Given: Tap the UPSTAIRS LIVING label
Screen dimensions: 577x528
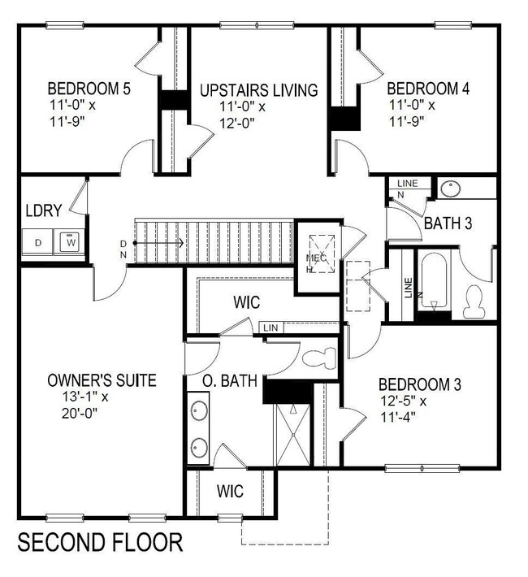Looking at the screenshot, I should pyautogui.click(x=258, y=89).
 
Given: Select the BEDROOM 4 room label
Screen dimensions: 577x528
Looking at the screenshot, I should pyautogui.click(x=428, y=89).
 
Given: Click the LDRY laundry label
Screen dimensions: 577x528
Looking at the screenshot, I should pyautogui.click(x=42, y=210).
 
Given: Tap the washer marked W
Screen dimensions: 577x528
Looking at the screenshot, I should pyautogui.click(x=71, y=241).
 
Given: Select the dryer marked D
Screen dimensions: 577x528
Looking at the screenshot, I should pyautogui.click(x=38, y=241).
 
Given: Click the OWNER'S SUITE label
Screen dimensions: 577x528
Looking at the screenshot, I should pyautogui.click(x=102, y=380).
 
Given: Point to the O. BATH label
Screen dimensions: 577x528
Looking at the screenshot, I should pyautogui.click(x=230, y=380).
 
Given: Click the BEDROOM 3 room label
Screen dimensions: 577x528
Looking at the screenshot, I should pyautogui.click(x=420, y=383).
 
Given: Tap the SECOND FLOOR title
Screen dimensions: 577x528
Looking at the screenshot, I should pyautogui.click(x=100, y=541).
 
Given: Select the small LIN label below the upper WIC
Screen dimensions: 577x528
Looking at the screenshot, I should pyautogui.click(x=270, y=328).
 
